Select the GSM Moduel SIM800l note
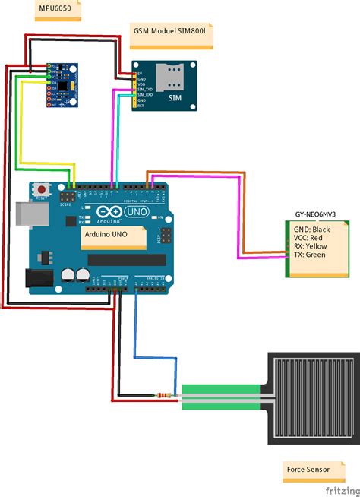pyautogui.click(x=172, y=33)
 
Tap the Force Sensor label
pyautogui.click(x=308, y=470)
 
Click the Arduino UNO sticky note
pyautogui.click(x=114, y=238)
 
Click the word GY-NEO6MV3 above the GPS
pyautogui.click(x=314, y=216)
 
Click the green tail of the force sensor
pyautogui.click(x=220, y=396)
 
